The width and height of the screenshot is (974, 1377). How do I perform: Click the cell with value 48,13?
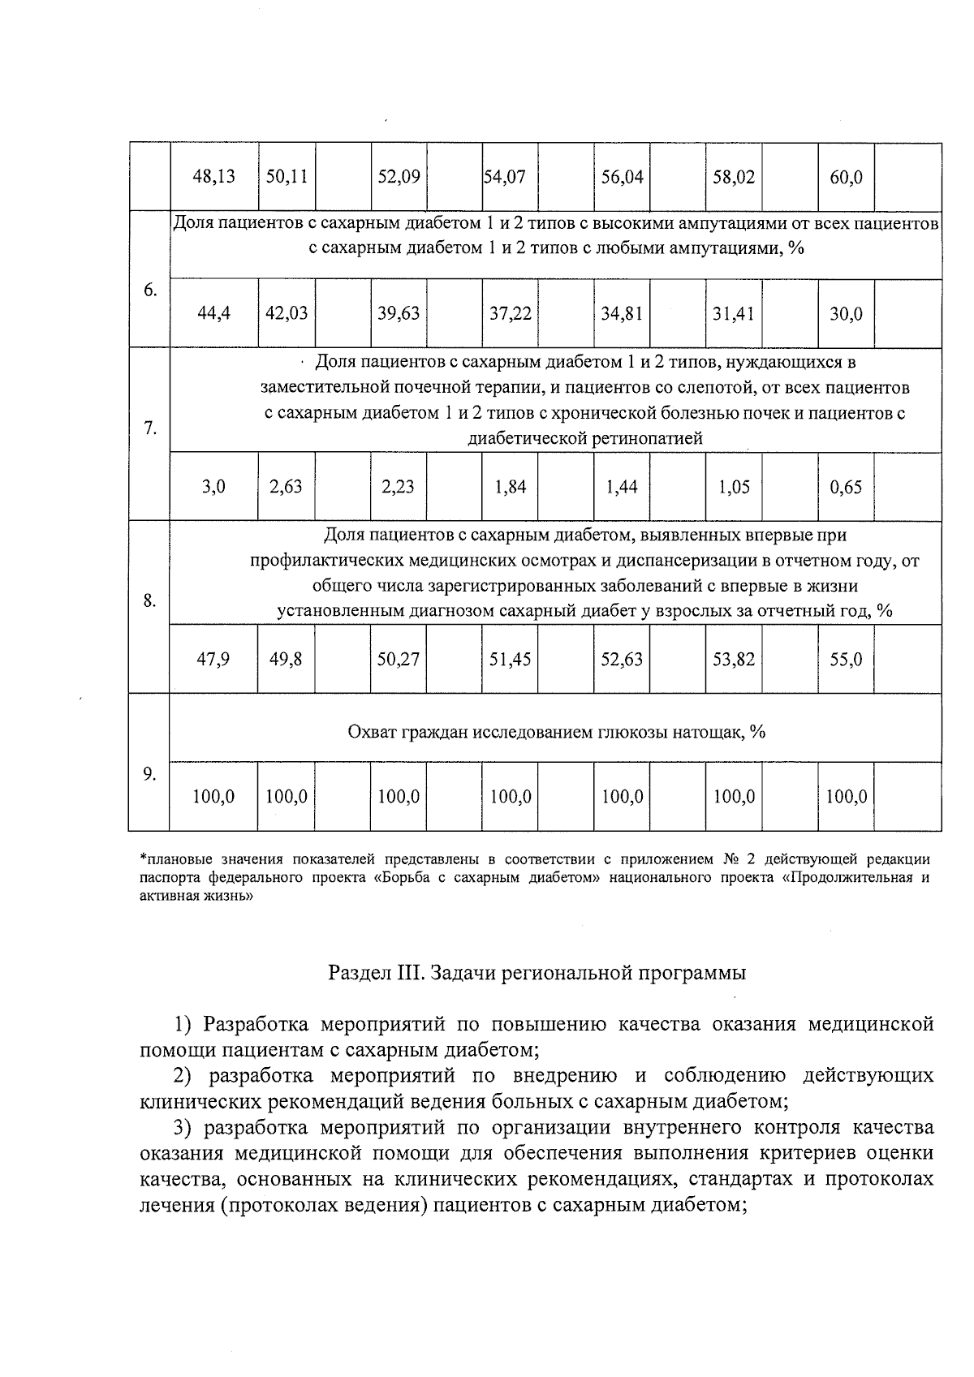click(x=213, y=177)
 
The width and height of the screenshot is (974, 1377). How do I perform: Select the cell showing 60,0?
click(x=846, y=177)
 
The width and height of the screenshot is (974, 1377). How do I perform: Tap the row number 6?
click(x=149, y=290)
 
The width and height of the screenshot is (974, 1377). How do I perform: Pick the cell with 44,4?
click(x=213, y=313)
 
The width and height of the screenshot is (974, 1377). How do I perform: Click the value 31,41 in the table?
click(x=734, y=313)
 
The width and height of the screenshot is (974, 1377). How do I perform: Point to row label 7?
click(x=149, y=428)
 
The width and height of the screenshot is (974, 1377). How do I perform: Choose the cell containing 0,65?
click(x=846, y=487)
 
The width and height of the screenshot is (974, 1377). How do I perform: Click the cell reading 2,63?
click(x=286, y=487)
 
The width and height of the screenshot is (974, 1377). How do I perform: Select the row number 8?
click(x=149, y=600)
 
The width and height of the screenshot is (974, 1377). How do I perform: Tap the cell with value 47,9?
click(x=213, y=659)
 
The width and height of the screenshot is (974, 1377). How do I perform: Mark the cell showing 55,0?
click(x=846, y=659)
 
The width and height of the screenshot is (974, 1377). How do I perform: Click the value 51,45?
click(x=510, y=659)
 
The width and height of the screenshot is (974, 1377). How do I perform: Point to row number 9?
click(x=149, y=773)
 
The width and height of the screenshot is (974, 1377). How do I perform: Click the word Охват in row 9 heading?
click(x=372, y=733)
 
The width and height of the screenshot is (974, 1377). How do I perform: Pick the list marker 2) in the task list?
click(x=186, y=1076)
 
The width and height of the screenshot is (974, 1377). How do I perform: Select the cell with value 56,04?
click(x=622, y=177)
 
